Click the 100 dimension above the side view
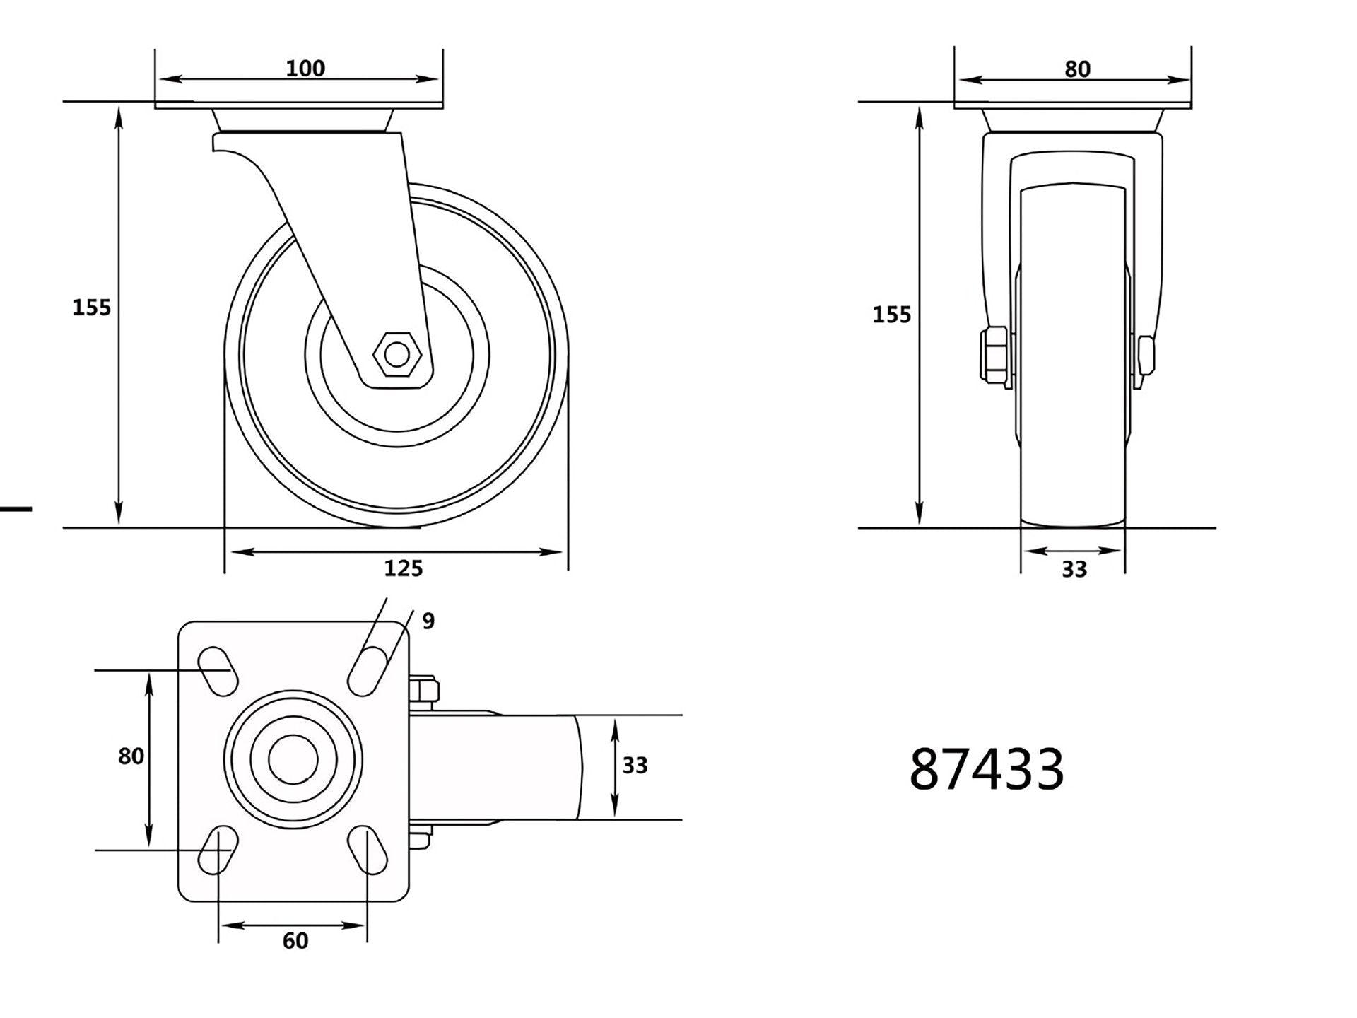click(305, 69)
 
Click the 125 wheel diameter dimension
click(403, 568)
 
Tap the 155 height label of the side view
click(92, 308)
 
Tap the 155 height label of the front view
click(891, 315)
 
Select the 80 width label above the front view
click(1077, 69)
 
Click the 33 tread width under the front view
click(1074, 569)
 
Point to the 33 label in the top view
click(635, 765)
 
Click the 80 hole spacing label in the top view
click(131, 756)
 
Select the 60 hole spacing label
click(295, 941)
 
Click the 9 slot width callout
click(428, 621)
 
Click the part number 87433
click(986, 770)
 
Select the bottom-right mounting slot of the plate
click(368, 850)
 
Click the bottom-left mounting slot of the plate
click(218, 850)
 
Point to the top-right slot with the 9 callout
click(368, 670)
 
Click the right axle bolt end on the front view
click(1146, 361)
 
